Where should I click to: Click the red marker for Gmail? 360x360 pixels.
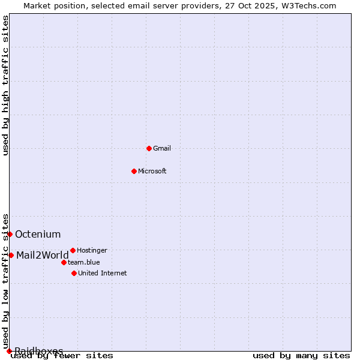point(149,148)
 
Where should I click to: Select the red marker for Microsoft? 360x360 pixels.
point(134,171)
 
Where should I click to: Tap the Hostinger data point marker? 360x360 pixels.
point(73,250)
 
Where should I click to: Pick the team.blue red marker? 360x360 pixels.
point(64,262)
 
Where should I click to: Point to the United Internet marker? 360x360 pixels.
point(74,273)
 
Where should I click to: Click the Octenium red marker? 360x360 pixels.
point(10,234)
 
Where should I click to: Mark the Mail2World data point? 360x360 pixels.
point(11,255)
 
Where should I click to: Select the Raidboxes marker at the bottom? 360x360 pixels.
point(9,351)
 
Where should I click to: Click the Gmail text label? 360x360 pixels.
point(162,148)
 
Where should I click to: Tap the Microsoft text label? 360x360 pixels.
point(152,171)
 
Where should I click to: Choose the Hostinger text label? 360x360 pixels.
point(92,250)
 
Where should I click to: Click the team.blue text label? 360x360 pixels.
point(84,262)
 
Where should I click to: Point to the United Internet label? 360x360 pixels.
point(103,273)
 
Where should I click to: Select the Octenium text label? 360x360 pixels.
point(38,234)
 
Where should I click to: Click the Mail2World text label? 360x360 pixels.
point(43,255)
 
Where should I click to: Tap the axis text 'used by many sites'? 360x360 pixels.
point(301,355)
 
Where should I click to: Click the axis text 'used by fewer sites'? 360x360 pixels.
point(62,355)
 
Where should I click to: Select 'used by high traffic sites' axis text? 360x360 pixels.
point(6,85)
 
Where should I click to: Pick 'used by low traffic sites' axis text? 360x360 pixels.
point(6,281)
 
